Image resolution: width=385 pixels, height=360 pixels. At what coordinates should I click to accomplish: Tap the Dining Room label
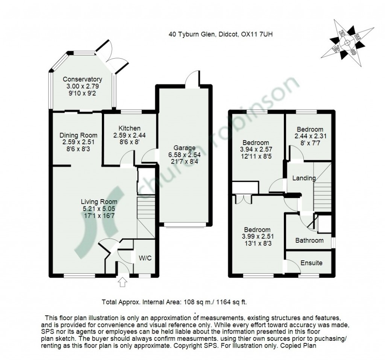[79, 135]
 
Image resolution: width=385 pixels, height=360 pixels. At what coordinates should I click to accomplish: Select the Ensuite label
[311, 263]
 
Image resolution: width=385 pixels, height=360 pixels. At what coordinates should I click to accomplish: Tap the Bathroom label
[309, 241]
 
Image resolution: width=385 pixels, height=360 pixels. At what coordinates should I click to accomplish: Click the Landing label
[304, 178]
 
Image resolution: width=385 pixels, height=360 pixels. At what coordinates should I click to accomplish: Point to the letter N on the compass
[343, 33]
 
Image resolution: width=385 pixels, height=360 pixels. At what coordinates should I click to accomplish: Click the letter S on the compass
[353, 51]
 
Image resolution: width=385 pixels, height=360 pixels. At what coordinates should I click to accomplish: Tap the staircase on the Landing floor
[322, 192]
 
